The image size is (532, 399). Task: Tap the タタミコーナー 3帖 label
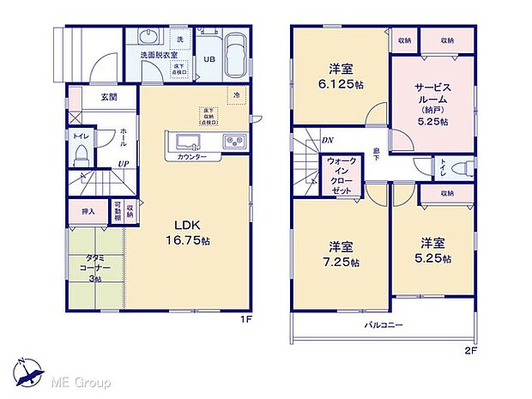pyautogui.click(x=95, y=269)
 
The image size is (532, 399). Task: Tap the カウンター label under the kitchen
pyautogui.click(x=192, y=158)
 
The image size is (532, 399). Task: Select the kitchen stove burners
pyautogui.click(x=234, y=142)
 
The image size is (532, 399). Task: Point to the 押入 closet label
pyautogui.click(x=88, y=210)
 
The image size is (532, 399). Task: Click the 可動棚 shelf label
pyautogui.click(x=118, y=210)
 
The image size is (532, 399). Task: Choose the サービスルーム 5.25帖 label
pyautogui.click(x=432, y=104)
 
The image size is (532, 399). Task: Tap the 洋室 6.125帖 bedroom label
pyautogui.click(x=341, y=76)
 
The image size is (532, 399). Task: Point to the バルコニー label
pyautogui.click(x=384, y=324)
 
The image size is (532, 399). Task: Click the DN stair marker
pyautogui.click(x=327, y=141)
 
